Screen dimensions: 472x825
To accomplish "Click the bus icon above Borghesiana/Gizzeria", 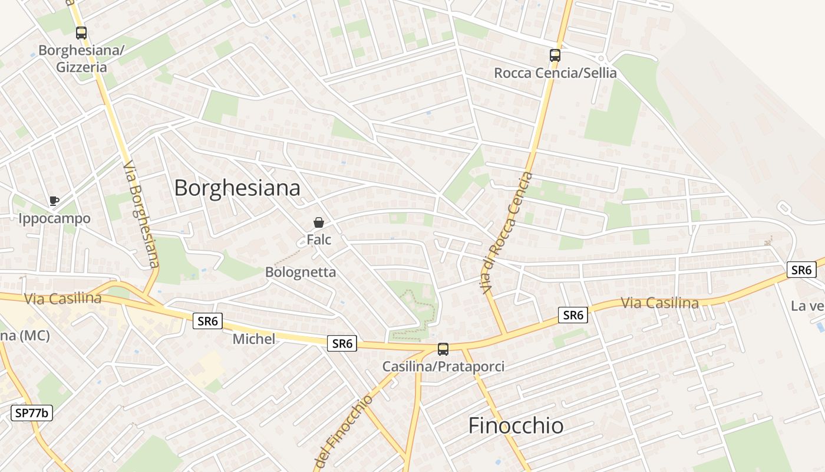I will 81,33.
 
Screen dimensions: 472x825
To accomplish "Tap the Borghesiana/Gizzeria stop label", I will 81,58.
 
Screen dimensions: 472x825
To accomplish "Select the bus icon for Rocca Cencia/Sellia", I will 555,55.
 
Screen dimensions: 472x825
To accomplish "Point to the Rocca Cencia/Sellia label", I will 555,73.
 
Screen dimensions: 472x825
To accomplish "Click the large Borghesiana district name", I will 237,188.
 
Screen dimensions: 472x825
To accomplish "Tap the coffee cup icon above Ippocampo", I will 54,201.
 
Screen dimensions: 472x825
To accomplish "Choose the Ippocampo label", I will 54,219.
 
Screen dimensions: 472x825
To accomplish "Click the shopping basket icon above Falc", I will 319,222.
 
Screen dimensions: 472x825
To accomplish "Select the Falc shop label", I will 319,240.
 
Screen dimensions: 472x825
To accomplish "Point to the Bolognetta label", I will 301,272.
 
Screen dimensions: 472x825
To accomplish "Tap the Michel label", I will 254,339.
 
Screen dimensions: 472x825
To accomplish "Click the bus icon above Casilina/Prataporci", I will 443,349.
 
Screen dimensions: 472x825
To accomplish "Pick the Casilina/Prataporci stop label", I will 443,366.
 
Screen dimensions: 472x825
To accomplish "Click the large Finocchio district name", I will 516,425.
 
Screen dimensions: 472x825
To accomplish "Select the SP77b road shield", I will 32,413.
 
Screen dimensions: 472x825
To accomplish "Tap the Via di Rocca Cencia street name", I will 506,233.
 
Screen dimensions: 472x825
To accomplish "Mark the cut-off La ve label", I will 807,306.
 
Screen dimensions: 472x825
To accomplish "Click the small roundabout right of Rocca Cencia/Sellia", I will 600,58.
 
